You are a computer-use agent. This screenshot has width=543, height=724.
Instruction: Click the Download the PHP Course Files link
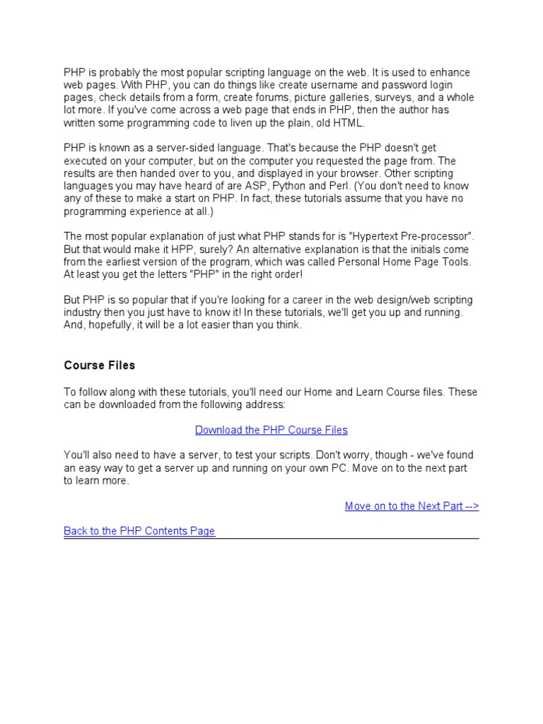click(271, 430)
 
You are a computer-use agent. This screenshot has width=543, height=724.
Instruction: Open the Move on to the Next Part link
click(411, 506)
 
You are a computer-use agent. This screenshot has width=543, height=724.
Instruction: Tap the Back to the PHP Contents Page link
click(139, 531)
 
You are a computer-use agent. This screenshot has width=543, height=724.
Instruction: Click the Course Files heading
click(99, 366)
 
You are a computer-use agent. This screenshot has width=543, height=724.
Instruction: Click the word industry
click(82, 313)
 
